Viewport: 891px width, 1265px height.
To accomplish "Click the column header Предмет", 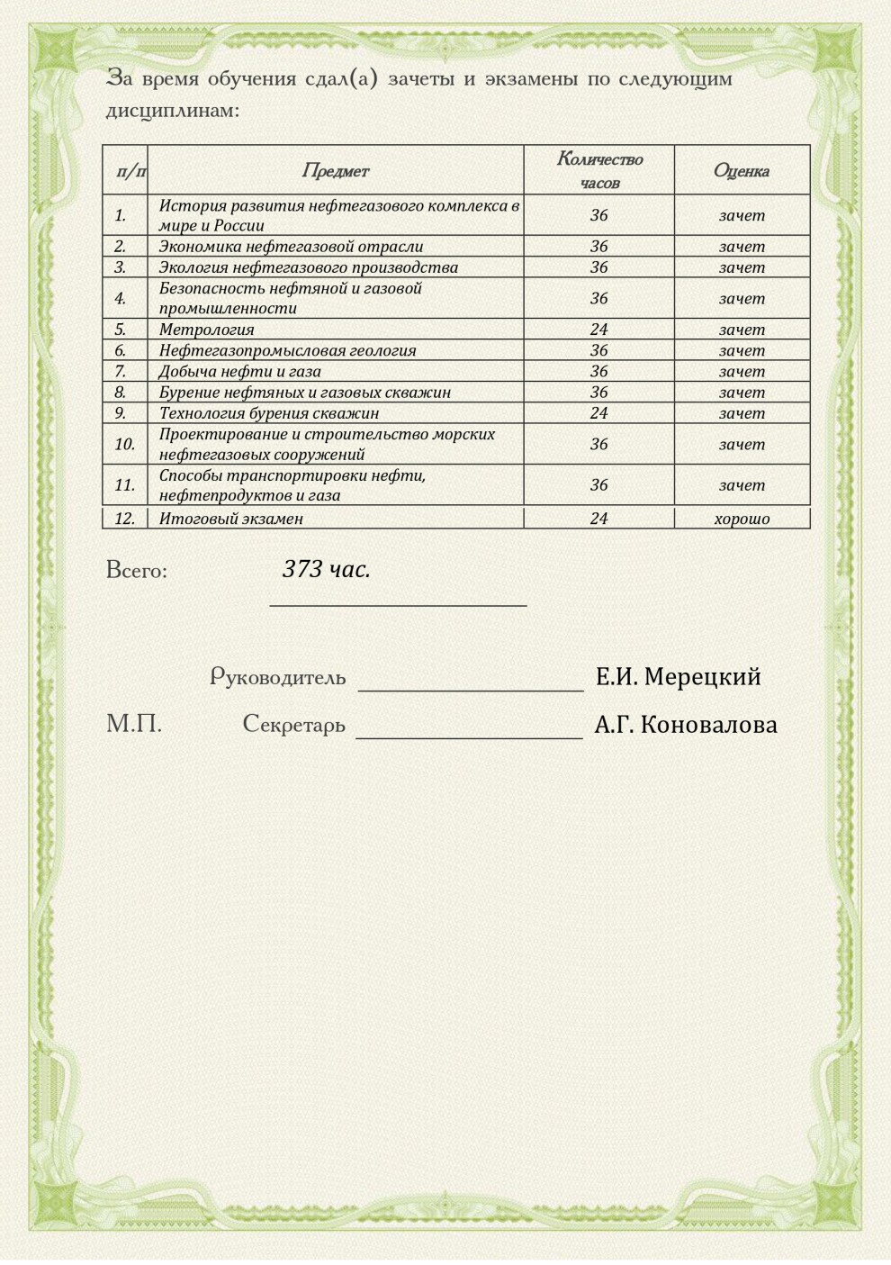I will (335, 171).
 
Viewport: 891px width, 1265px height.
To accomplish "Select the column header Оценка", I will (741, 171).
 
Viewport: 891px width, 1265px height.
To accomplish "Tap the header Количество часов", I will (599, 170).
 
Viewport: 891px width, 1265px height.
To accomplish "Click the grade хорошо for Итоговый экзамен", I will (742, 519).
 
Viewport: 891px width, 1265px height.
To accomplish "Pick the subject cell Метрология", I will (206, 330).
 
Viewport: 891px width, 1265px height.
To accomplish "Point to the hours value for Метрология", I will (598, 330).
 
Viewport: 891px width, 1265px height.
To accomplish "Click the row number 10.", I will (124, 444).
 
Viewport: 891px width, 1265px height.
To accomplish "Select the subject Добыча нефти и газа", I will (239, 371).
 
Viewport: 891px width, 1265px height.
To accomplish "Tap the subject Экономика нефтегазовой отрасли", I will (291, 246).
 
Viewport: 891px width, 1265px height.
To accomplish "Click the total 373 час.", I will (326, 569).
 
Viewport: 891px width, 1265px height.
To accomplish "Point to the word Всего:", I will (137, 570).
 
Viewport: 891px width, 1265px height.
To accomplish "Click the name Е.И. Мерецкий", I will (678, 676).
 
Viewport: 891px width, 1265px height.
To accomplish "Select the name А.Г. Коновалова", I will (685, 725).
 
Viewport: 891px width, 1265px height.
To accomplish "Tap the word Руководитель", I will (277, 677).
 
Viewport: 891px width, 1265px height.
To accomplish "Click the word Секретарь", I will (293, 724).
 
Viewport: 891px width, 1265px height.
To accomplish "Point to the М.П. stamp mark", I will (134, 723).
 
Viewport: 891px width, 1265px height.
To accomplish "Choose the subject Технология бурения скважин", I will (268, 413).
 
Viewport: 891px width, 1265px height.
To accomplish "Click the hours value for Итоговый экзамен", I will (598, 519).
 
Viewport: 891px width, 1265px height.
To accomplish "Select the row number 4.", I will (121, 298).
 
